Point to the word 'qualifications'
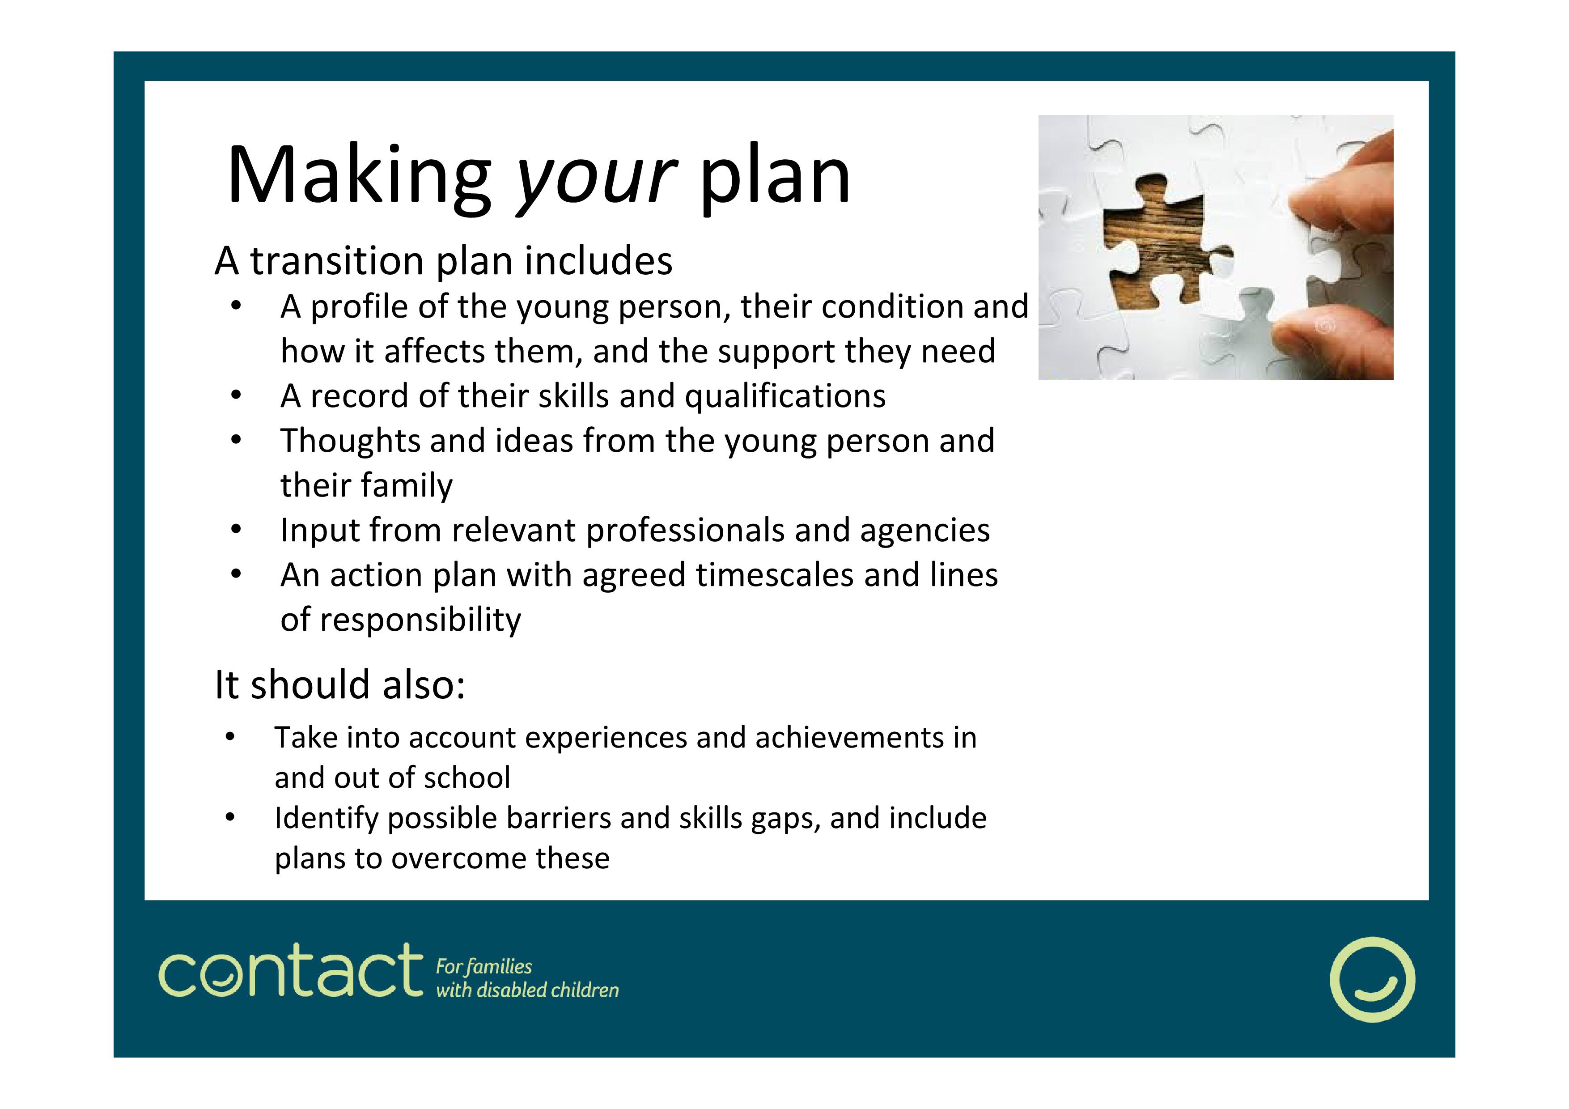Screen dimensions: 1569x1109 point(785,397)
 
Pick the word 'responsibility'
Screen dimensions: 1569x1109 point(420,620)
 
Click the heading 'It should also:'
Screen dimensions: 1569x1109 point(339,685)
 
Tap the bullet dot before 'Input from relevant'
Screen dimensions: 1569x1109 point(236,530)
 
